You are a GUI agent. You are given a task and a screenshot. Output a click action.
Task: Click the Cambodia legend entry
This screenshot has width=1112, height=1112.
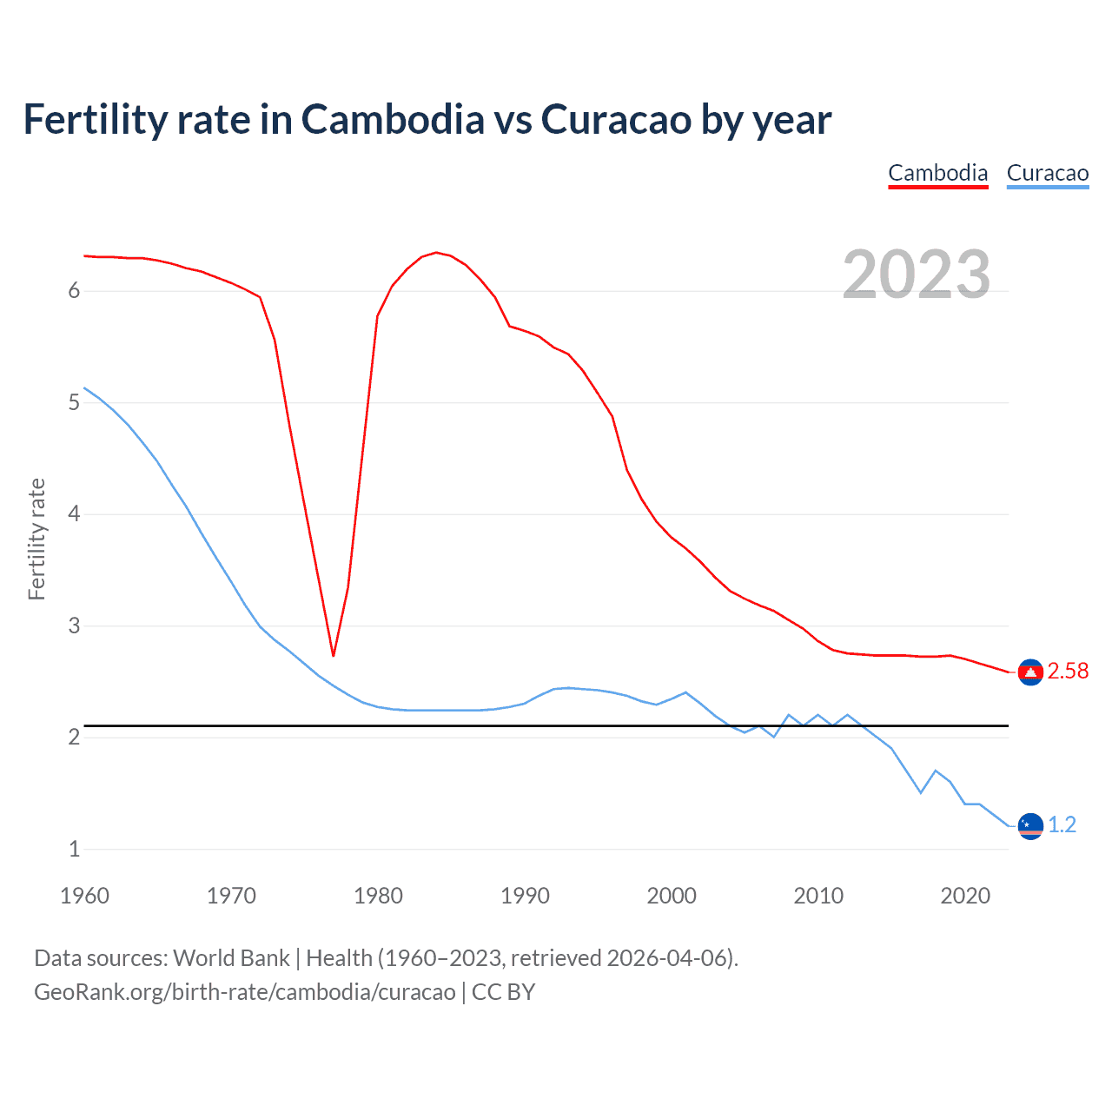937,173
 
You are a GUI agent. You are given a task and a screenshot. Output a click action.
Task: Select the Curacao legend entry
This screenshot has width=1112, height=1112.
1047,173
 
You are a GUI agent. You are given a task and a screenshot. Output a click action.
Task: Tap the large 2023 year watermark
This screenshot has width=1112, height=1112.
916,275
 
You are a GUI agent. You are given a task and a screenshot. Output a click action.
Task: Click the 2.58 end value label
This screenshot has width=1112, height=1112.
1068,671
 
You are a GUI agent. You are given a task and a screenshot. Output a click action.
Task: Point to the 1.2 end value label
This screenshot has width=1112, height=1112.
1062,824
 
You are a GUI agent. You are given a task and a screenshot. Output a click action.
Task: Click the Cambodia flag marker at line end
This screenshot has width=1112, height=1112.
1030,672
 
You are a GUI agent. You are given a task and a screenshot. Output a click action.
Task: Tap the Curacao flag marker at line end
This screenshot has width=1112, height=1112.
1030,825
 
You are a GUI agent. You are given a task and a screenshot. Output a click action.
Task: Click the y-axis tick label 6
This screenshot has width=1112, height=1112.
74,291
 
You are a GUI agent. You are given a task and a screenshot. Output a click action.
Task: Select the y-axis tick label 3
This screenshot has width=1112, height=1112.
74,625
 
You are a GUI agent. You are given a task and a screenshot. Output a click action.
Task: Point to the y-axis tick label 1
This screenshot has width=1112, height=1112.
74,849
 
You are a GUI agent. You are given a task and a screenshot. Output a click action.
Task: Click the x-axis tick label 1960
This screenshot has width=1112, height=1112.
84,896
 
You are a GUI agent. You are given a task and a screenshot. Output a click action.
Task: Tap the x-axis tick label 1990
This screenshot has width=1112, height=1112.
525,896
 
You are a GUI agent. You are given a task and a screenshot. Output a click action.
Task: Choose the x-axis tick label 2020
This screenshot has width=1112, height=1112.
965,896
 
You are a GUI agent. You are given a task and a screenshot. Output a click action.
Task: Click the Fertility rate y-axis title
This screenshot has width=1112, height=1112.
36,539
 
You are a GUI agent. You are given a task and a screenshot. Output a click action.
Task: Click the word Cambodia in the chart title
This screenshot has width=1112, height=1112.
393,119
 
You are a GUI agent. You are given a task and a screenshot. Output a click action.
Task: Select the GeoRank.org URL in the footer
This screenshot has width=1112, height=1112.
244,992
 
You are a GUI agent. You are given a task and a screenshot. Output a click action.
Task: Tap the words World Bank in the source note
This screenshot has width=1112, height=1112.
231,958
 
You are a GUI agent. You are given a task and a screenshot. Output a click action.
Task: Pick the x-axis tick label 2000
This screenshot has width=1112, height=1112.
672,896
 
